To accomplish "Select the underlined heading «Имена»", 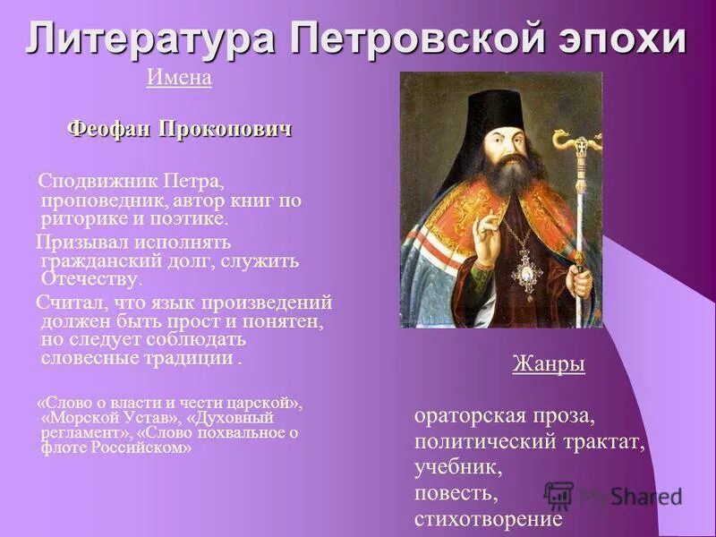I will (179, 79).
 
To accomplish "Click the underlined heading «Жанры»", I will (549, 364).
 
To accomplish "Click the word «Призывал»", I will (82, 243).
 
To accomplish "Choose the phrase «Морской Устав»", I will (112, 418).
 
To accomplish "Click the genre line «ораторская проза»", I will (504, 416).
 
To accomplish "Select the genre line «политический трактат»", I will (529, 442).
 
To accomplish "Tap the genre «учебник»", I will (458, 467).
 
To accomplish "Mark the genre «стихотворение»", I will (488, 518).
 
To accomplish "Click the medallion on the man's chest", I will (525, 268).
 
